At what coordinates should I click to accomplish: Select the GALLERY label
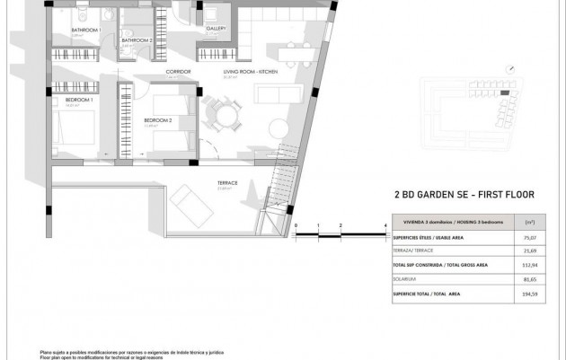[x=216, y=29]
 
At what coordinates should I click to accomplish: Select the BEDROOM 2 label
[x=158, y=119]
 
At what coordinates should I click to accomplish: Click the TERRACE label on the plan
[x=227, y=182]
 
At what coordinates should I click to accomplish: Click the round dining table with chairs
[x=221, y=114]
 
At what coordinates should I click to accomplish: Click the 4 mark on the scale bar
[x=385, y=224]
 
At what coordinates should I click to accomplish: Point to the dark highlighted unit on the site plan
[x=505, y=92]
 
